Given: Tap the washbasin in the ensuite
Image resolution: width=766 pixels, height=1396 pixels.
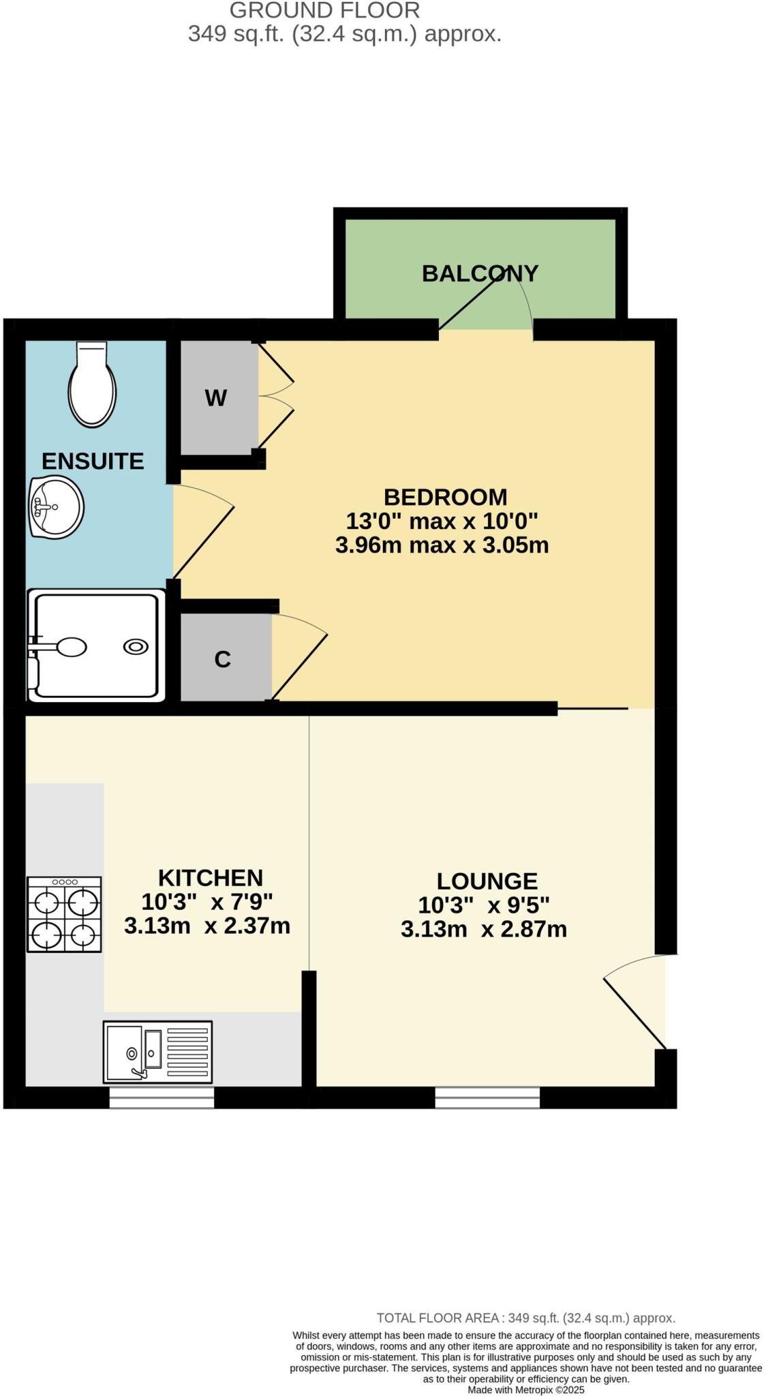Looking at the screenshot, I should point(57,507).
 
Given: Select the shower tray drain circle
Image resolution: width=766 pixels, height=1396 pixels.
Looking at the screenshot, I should point(136,646).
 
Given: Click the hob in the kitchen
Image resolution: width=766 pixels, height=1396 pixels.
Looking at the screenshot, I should point(64,913).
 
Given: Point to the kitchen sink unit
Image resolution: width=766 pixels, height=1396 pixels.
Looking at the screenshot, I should point(157,1051).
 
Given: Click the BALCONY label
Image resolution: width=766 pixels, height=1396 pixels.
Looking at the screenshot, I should point(480,273).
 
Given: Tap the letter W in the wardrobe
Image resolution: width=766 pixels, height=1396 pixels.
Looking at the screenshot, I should point(215,398).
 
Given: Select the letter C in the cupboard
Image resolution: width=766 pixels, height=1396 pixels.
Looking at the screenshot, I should point(222,659).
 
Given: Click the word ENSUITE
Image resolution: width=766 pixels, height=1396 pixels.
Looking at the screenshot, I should point(93,461).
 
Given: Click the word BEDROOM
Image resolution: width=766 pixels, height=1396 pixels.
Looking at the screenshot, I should point(445,496).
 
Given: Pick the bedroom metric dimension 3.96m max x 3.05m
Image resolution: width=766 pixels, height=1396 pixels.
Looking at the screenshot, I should point(442,545).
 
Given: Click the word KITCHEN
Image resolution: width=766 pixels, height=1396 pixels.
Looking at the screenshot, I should point(210,877).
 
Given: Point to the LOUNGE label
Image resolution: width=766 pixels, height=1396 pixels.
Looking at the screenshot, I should point(487,881).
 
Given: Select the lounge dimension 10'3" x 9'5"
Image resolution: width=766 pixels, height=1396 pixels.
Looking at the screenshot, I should point(483,905).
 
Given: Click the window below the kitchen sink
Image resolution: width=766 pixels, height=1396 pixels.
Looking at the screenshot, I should point(162,1097).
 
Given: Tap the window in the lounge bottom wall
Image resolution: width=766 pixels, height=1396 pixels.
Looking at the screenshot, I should point(487,1097).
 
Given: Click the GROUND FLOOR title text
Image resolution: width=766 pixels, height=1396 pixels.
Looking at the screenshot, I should point(324,10).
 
